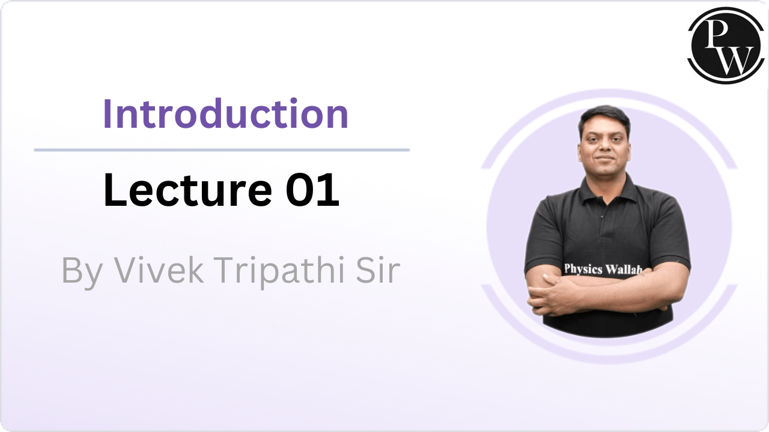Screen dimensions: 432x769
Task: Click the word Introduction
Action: pyautogui.click(x=225, y=113)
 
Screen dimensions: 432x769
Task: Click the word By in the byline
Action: pyautogui.click(x=78, y=271)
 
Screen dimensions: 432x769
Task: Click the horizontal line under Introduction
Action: pyautogui.click(x=222, y=149)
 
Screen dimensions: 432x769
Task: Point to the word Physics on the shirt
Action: pyautogui.click(x=583, y=268)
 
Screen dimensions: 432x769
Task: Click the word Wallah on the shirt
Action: pyautogui.click(x=622, y=269)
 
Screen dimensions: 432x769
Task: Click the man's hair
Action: pyautogui.click(x=604, y=114)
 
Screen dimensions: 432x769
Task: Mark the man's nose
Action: pyautogui.click(x=605, y=146)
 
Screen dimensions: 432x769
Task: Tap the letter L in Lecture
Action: pyautogui.click(x=114, y=190)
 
